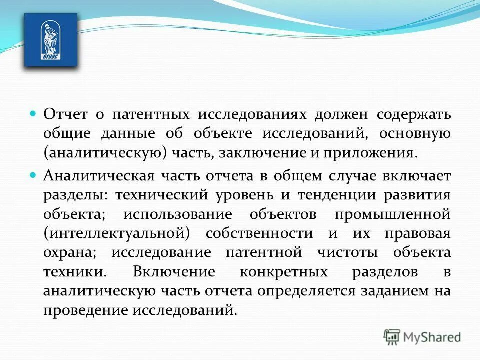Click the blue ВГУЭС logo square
coord(51,40)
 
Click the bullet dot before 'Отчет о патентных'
coord(34,114)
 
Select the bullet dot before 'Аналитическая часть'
coord(34,175)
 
